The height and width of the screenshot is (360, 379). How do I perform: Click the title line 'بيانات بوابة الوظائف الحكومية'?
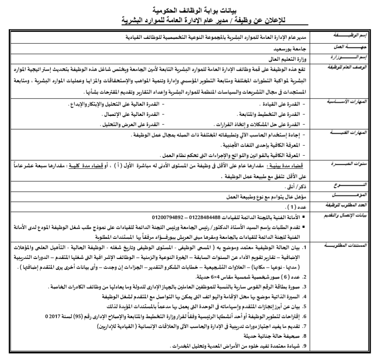189,8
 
